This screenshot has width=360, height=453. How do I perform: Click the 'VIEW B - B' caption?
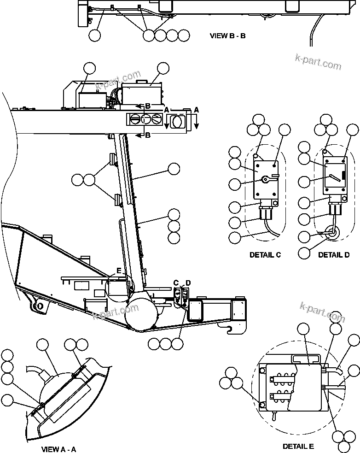tap(227, 35)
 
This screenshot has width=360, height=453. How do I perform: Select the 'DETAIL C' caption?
tap(265, 254)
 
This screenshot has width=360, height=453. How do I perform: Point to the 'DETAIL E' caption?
tap(298, 446)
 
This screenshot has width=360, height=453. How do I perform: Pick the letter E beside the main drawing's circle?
tap(118, 271)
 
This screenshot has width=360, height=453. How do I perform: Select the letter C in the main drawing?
tap(175, 282)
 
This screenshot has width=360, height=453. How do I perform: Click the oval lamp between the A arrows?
tap(176, 122)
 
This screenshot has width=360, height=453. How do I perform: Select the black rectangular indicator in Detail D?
tap(343, 175)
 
